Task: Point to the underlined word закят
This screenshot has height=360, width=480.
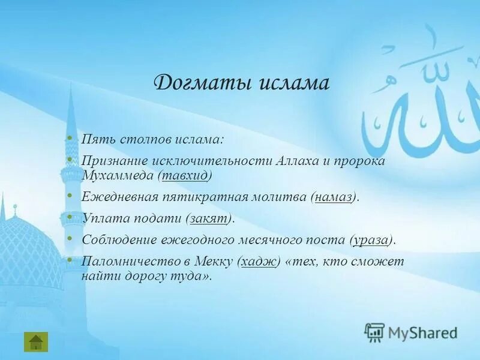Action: (209, 218)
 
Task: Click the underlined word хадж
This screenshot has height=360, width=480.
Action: (259, 261)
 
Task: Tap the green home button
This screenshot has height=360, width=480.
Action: (35, 341)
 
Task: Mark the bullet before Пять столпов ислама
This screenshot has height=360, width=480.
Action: (70, 138)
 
